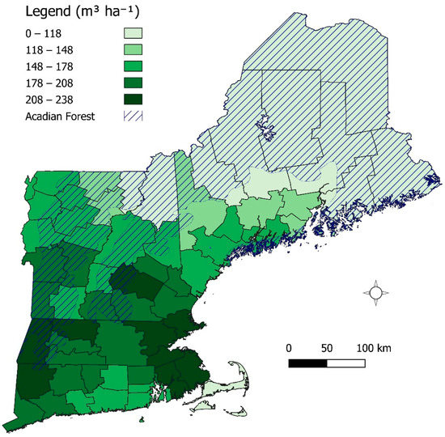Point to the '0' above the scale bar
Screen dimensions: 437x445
[x=289, y=347]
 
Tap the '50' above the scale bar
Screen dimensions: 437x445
[x=327, y=347]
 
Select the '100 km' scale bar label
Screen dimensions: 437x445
[x=373, y=347]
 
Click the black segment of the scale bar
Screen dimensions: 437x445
[x=307, y=363]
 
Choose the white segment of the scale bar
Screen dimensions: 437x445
[x=345, y=363]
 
